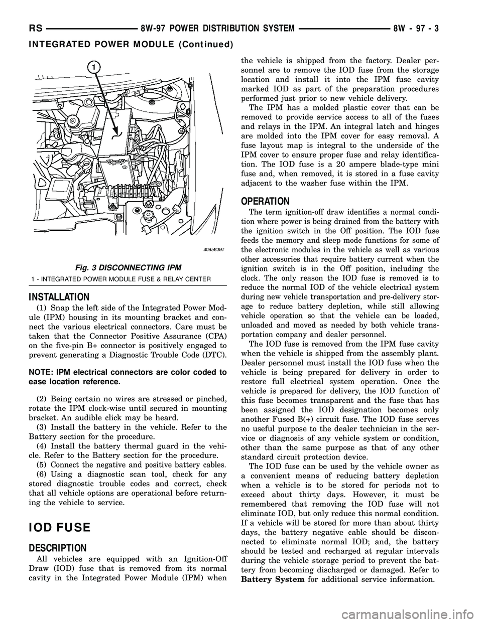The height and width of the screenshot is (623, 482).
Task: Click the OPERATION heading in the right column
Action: click(265, 201)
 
